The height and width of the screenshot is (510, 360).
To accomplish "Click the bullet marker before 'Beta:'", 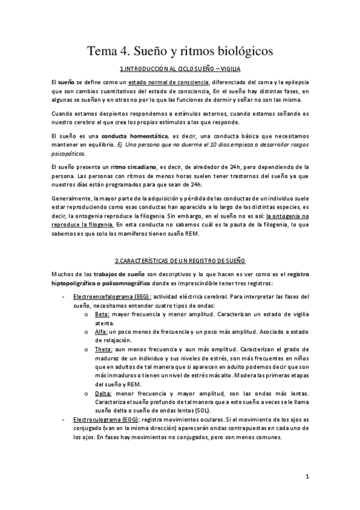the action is (87, 314).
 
